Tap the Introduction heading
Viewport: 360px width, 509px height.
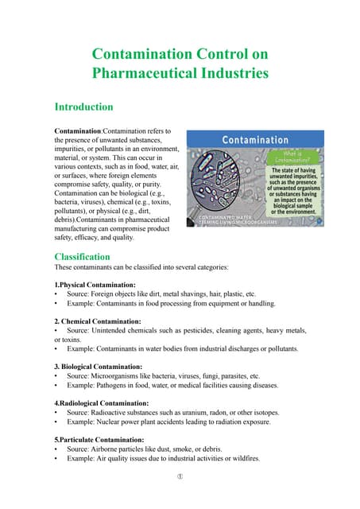click(83, 107)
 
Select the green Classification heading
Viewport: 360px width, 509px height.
click(82, 257)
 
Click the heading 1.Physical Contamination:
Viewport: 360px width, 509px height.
click(95, 284)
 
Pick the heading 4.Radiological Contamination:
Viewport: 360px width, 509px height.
click(102, 403)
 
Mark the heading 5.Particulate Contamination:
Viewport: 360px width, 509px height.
click(99, 439)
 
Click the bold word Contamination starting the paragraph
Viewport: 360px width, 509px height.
click(76, 130)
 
